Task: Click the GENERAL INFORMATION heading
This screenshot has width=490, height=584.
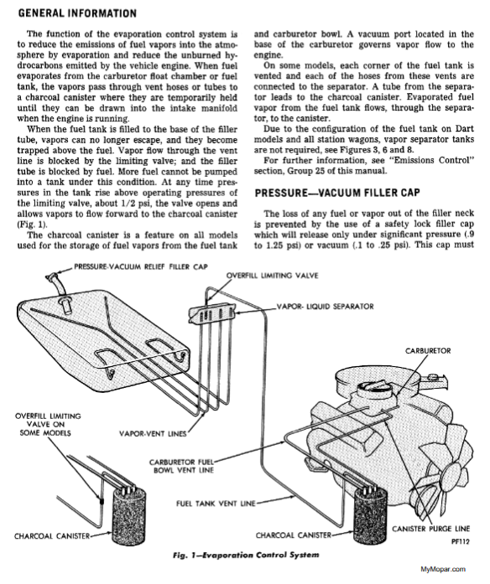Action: (x=77, y=13)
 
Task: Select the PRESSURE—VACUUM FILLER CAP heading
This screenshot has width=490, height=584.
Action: (x=337, y=193)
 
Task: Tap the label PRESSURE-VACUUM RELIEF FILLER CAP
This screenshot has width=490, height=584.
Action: (x=141, y=266)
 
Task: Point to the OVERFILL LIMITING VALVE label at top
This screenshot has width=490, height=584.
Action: (x=272, y=276)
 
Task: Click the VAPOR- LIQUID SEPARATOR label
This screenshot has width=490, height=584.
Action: (x=325, y=307)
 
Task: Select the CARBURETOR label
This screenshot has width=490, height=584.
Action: (x=428, y=351)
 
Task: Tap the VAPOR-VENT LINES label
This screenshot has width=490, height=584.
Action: (x=153, y=433)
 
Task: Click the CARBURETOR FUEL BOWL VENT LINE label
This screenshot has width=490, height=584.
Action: (x=181, y=466)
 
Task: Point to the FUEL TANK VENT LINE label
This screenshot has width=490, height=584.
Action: (x=216, y=504)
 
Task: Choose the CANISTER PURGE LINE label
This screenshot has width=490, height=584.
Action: (x=430, y=529)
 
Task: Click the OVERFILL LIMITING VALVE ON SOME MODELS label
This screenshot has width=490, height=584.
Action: (x=48, y=424)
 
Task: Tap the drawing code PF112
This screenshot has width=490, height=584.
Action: (x=460, y=541)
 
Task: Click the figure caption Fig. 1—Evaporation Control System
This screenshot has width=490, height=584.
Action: (x=246, y=555)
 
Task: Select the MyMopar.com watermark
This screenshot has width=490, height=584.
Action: (x=443, y=569)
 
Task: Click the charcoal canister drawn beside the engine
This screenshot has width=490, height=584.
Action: (x=370, y=517)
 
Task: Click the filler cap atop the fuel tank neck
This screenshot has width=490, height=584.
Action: (x=52, y=277)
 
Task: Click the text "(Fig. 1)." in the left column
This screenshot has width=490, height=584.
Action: (x=32, y=225)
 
